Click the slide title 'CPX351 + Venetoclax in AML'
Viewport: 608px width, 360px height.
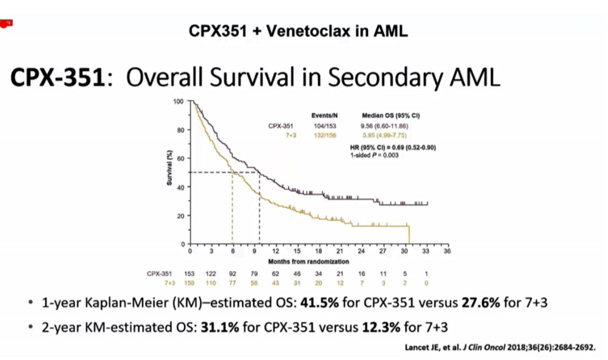tap(298, 31)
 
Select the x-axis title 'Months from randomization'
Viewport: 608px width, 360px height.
tap(308, 261)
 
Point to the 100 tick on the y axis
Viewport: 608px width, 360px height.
tap(178, 102)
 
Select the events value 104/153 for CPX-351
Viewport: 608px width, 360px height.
tap(324, 126)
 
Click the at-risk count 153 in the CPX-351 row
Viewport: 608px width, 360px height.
tap(190, 273)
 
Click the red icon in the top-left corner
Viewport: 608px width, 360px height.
tap(7, 23)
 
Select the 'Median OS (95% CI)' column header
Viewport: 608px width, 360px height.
tap(387, 116)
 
